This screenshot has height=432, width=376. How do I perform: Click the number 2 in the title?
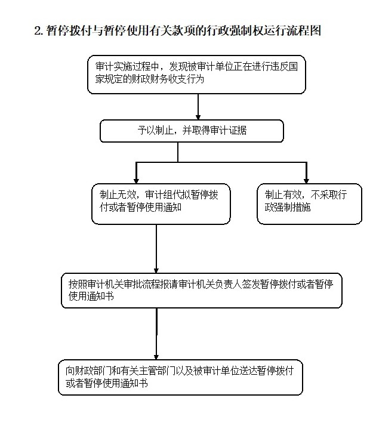tap(38, 30)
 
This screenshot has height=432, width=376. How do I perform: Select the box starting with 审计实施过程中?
tap(196, 75)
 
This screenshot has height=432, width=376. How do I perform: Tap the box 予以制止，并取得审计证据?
tap(192, 131)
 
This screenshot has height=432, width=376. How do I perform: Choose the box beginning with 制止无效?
tap(161, 204)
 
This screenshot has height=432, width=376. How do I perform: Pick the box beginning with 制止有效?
tap(309, 204)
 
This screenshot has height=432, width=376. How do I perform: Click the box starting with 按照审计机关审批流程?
tap(202, 291)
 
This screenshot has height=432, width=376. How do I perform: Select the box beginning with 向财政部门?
tap(180, 377)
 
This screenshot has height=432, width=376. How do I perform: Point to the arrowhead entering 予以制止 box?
tap(198, 117)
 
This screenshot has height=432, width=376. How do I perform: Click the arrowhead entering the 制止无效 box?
tap(136, 181)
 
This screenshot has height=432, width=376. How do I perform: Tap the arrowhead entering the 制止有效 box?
tap(306, 181)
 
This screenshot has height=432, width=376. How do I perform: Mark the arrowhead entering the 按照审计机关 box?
tap(156, 270)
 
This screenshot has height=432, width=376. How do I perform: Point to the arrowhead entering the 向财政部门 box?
tap(156, 357)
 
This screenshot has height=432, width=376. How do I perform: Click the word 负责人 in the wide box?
tap(228, 284)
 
